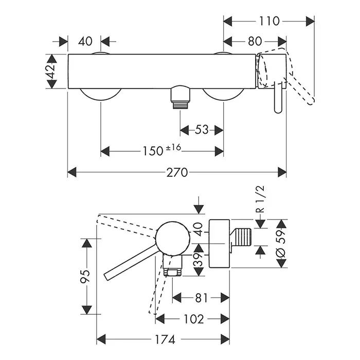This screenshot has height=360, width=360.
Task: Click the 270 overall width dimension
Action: click(177, 172)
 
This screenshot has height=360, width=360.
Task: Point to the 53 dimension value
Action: click(202, 130)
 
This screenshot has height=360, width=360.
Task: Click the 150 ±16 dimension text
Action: click(161, 151)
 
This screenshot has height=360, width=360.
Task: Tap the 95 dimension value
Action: click(86, 276)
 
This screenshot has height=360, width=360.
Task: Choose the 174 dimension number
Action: click(164, 339)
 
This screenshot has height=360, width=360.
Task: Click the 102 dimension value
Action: click(194, 319)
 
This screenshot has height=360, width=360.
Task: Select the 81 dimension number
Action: click(201, 297)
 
